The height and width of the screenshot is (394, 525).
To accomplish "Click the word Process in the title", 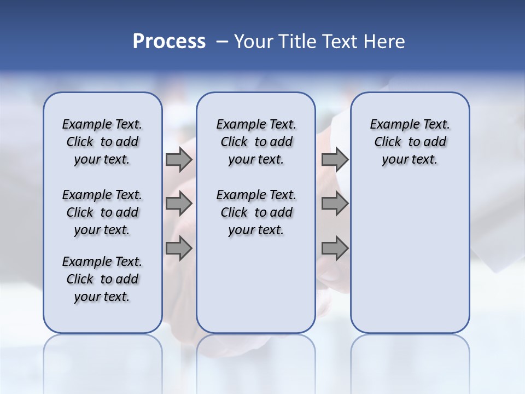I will tap(169, 42).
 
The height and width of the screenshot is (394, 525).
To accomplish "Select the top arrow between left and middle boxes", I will tap(179, 159).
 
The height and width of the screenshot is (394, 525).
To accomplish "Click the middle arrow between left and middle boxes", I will tap(179, 204).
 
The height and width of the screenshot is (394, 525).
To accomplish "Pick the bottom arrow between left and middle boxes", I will tap(179, 248).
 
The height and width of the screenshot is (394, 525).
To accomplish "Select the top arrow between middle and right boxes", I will tap(335, 159).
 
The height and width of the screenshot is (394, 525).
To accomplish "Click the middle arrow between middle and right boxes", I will tap(335, 204).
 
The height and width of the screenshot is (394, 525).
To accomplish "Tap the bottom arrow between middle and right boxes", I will tap(335, 248).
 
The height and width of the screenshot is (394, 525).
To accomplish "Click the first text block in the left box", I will tap(102, 142).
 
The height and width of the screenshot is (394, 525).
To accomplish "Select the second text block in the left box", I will tap(102, 212).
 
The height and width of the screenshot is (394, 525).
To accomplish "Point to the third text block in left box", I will tap(102, 279).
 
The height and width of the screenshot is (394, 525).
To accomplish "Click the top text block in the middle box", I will tap(256, 142).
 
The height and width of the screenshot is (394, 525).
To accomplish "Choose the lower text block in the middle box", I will tap(256, 212).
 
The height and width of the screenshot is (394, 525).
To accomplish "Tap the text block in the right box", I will tap(410, 142).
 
